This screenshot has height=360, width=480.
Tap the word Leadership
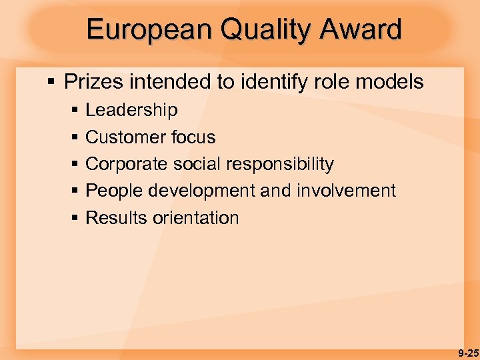pos(131,110)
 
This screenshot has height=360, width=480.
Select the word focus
pos(193,137)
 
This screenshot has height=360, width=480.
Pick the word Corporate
pos(127,164)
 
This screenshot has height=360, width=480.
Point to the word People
pos(115,191)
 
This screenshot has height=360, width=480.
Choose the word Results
pos(115,218)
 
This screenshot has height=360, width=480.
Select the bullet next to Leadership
pos(75,111)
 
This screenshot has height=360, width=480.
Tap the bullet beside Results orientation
pos(75,219)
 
